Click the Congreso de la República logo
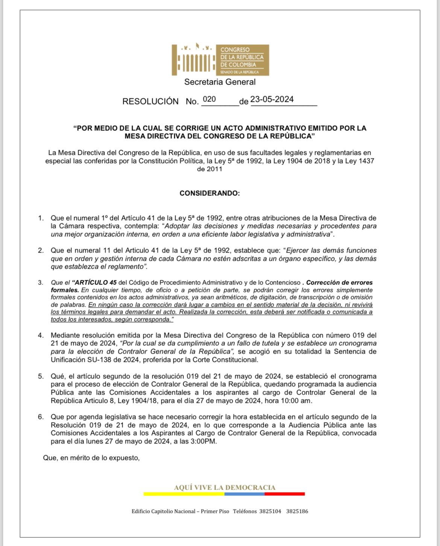click(220, 60)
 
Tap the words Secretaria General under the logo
click(220, 82)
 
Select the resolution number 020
click(209, 99)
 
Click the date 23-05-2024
click(272, 99)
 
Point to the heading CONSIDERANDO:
click(209, 193)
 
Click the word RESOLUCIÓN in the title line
click(150, 101)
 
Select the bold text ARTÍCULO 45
click(96, 283)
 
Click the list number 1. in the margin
click(41, 218)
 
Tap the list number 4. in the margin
click(41, 335)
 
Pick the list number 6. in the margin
click(41, 417)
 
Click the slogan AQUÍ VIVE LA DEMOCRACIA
click(225, 487)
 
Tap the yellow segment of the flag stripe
click(184, 494)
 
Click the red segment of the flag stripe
click(285, 494)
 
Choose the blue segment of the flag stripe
click(244, 494)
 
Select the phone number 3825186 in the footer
click(297, 511)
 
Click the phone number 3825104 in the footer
click(270, 511)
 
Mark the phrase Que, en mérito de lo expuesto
click(91, 458)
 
